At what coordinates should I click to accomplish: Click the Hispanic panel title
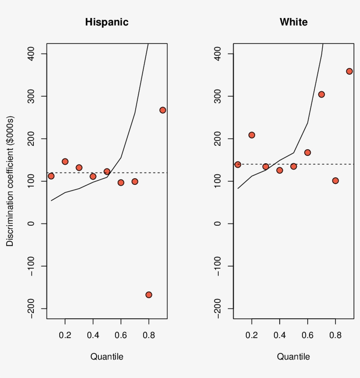107,22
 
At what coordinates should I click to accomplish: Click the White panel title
293,22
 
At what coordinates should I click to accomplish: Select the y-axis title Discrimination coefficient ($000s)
10,181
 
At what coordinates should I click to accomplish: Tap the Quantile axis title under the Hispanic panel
107,356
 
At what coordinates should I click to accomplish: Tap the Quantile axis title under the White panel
293,356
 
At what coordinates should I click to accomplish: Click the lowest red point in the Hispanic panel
149,295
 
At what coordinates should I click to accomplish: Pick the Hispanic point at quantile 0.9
162,110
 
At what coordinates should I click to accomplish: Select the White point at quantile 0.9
349,71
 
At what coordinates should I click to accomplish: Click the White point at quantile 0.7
321,94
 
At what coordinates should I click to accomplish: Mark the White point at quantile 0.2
252,135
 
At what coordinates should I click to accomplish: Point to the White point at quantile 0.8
335,180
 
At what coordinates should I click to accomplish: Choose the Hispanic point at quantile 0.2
65,162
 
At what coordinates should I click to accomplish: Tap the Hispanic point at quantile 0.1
51,176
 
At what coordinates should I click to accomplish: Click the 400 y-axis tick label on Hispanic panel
32,54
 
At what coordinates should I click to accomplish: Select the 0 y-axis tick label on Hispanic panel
32,223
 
